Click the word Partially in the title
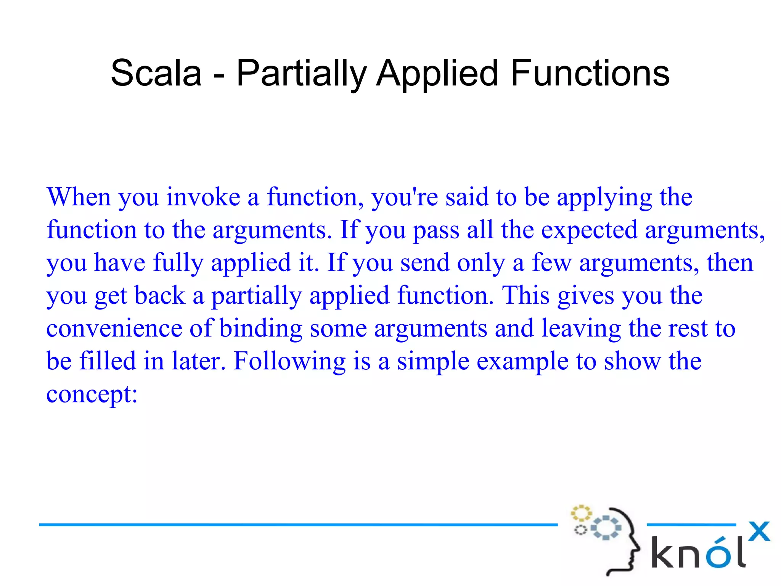click(x=301, y=74)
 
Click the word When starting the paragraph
click(x=79, y=197)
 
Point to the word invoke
click(x=203, y=197)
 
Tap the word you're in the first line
click(x=405, y=198)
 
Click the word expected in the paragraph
click(x=589, y=231)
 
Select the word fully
click(x=178, y=264)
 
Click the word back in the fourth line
click(x=159, y=296)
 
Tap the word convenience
click(x=114, y=328)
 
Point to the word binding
click(x=261, y=329)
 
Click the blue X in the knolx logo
click(x=759, y=531)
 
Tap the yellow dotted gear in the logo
click(x=580, y=513)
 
